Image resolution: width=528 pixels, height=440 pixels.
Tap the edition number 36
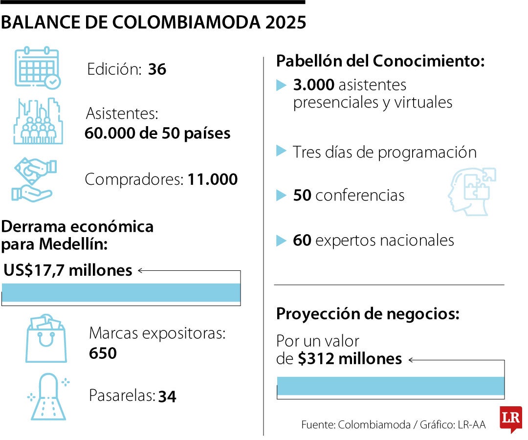pos(157,69)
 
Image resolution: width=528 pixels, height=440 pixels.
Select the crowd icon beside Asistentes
pos(38,121)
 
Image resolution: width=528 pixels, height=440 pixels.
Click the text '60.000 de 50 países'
pos(157,133)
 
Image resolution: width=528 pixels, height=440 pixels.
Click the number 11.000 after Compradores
pos(213,179)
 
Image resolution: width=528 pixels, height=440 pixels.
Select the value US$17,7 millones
pos(68,270)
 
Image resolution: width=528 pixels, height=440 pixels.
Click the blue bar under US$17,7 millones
pos(121,292)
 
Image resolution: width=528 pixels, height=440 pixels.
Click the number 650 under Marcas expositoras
pos(103,353)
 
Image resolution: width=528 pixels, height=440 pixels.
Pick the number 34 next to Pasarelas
pos(167,396)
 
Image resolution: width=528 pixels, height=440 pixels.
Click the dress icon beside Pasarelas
pos(48,396)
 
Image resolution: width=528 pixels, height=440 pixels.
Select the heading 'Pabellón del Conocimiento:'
pos(380,61)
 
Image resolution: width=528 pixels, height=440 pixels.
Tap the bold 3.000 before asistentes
pos(313,85)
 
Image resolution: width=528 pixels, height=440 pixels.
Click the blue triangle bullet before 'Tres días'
pos(281,151)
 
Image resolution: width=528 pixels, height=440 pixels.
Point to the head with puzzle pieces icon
pos(471,191)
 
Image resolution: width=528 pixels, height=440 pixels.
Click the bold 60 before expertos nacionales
pos(302,240)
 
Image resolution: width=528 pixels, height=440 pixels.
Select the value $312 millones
pos(350,359)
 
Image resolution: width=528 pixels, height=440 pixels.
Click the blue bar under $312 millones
pos(390,386)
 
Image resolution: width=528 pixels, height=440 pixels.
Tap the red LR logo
pos(511,418)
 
